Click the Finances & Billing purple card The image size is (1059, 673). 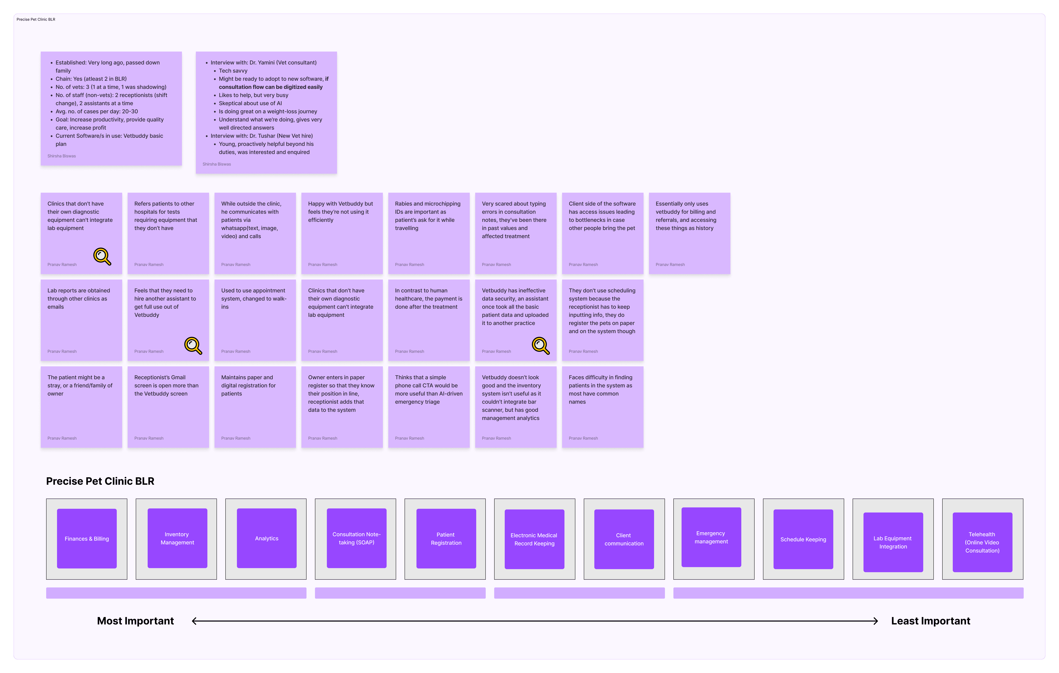pyautogui.click(x=87, y=539)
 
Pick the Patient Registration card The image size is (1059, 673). pyautogui.click(x=446, y=539)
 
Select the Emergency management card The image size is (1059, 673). pyautogui.click(x=711, y=537)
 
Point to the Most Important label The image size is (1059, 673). pyautogui.click(x=135, y=621)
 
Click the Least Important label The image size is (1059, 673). pyautogui.click(x=931, y=621)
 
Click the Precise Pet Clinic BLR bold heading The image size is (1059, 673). pyautogui.click(x=100, y=481)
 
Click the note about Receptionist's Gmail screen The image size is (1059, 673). pyautogui.click(x=168, y=407)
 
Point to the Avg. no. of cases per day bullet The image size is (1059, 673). pyautogui.click(x=97, y=111)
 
